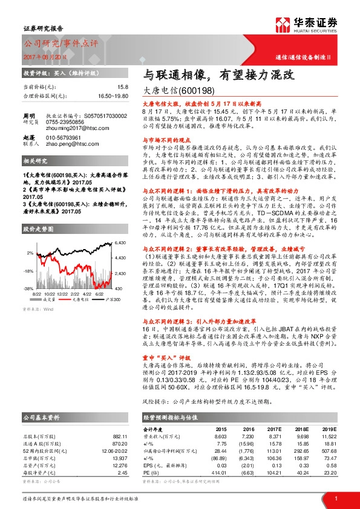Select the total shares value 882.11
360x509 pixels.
(119, 436)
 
